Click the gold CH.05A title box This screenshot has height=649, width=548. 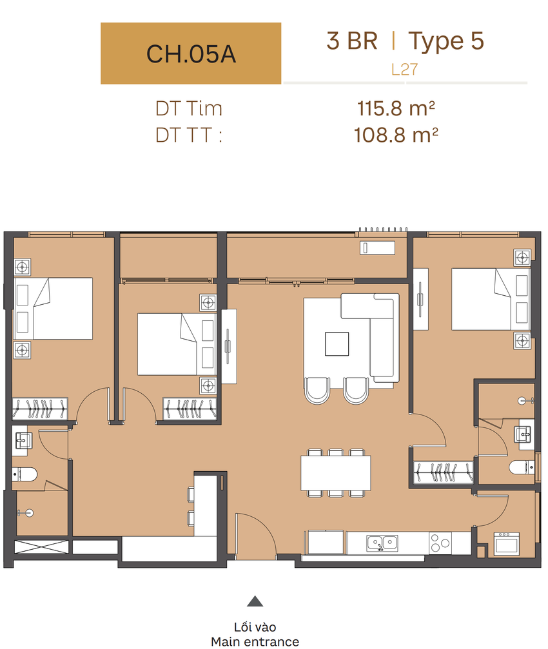[x=191, y=53]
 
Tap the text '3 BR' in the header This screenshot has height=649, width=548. [x=352, y=41]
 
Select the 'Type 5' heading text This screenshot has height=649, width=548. [x=446, y=42]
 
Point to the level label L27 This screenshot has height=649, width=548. [x=404, y=69]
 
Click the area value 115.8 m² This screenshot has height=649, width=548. [x=396, y=108]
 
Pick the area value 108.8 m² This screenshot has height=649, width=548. [x=396, y=135]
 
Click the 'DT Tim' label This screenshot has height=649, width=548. [x=189, y=108]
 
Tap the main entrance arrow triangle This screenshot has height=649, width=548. [x=255, y=601]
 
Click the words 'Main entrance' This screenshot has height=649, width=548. [x=255, y=641]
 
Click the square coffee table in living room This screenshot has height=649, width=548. [x=337, y=344]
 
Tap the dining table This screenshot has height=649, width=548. [x=336, y=472]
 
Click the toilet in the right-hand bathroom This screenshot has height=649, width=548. [x=522, y=467]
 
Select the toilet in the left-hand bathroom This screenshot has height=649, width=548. [x=24, y=474]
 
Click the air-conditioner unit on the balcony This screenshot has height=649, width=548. [x=377, y=247]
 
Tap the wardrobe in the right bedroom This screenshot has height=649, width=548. [x=444, y=472]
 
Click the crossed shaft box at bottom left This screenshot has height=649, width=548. [x=42, y=547]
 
